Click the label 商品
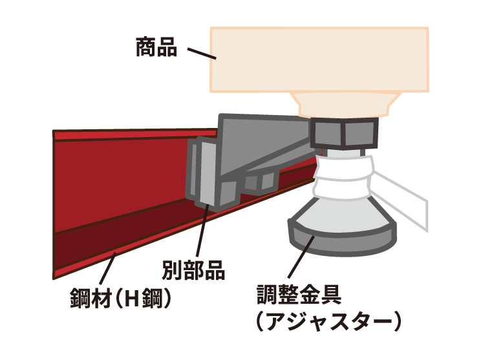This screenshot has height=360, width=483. click(x=156, y=47)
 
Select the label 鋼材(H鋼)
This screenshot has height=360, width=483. click(x=120, y=301)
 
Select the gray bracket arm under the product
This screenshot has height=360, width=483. click(x=265, y=145)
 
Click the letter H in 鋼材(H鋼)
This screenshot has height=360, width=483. click(x=133, y=301)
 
